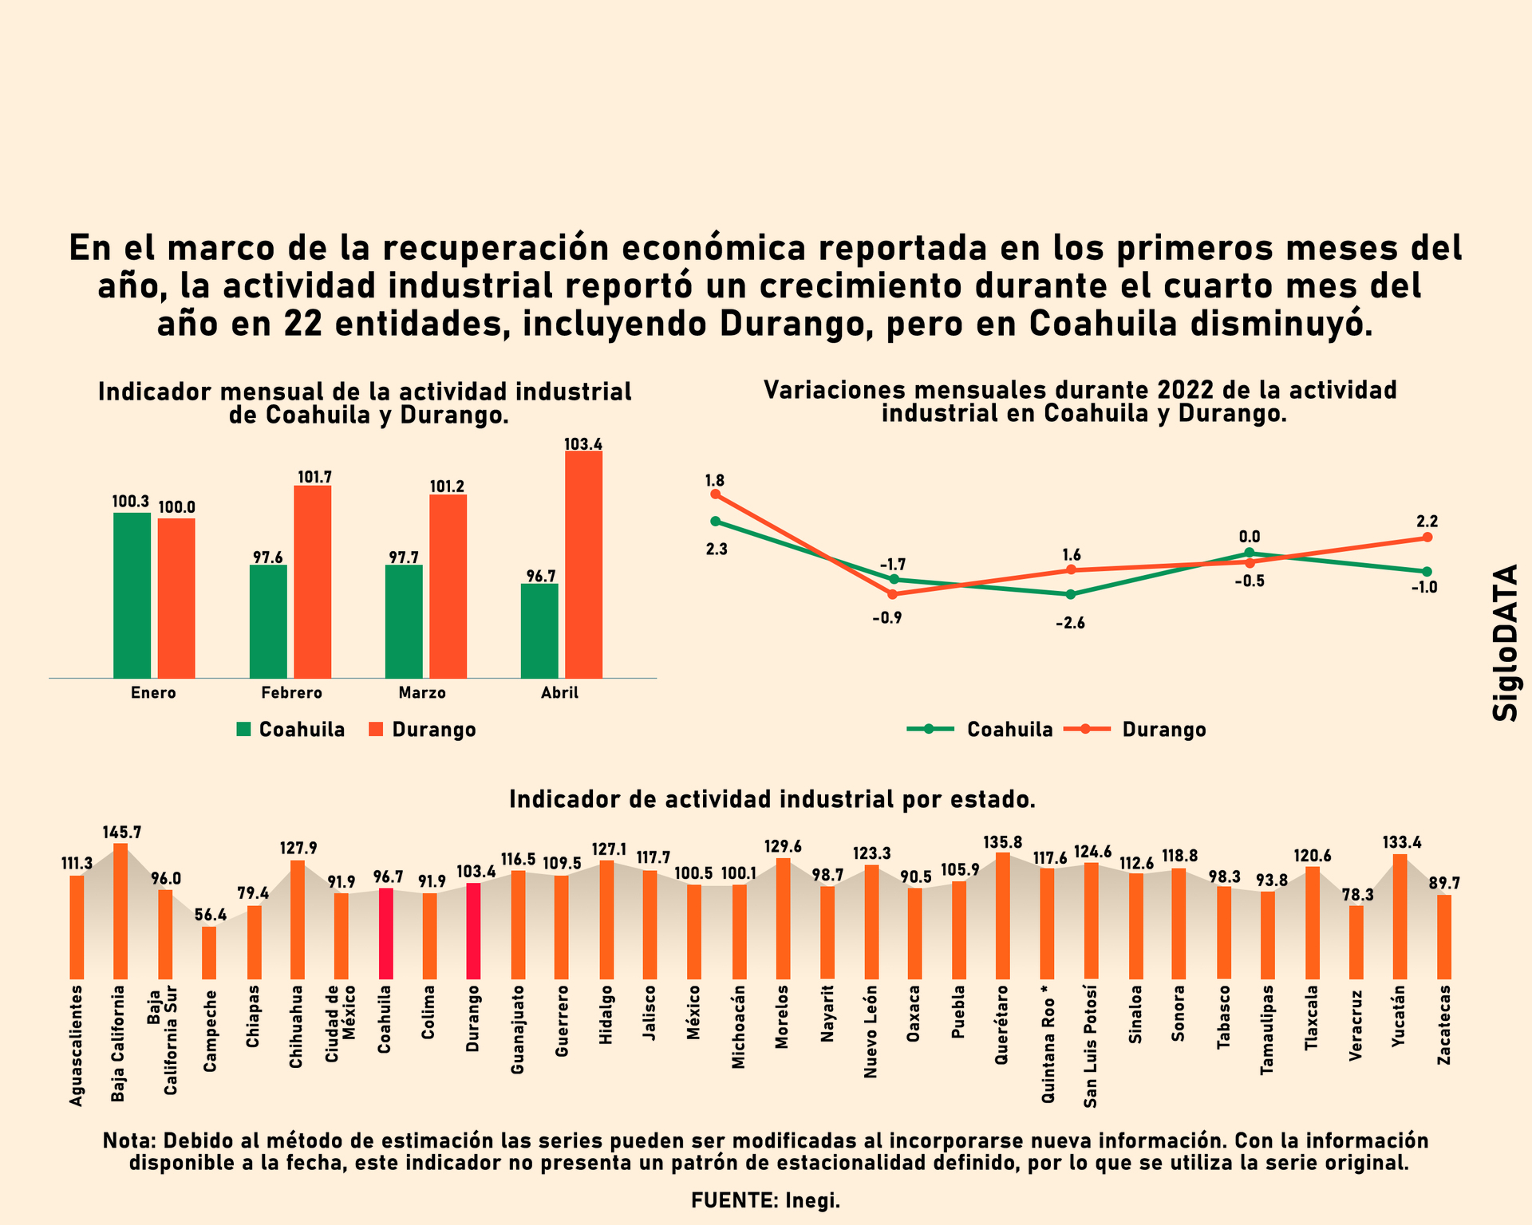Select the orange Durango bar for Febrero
coord(312,581)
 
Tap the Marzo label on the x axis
coord(422,693)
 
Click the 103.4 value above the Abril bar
coord(583,444)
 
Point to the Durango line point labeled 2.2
coord(1427,538)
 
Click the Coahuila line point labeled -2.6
coord(1071,594)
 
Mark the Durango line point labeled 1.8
coord(715,494)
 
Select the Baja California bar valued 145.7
coord(120,911)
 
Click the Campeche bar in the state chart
coord(209,952)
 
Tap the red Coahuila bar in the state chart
coord(385,933)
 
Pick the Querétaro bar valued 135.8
coord(1003,916)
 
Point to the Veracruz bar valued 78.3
coord(1356,942)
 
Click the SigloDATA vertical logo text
coord(1506,643)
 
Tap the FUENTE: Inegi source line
coord(765,1200)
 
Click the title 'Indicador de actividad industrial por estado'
coord(772,800)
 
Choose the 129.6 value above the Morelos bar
coord(783,846)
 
